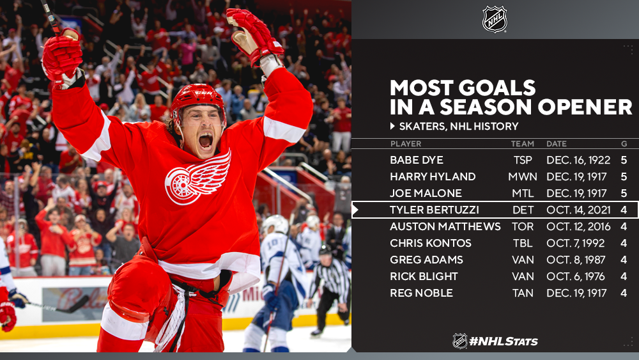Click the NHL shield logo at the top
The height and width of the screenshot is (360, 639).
[x=495, y=19]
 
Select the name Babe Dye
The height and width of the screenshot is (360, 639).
[x=417, y=160]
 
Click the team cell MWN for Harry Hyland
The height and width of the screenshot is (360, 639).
[x=523, y=176]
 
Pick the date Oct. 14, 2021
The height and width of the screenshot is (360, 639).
[x=578, y=210]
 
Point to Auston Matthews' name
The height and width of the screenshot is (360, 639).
[x=445, y=227]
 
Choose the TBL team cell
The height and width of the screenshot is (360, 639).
[x=523, y=244]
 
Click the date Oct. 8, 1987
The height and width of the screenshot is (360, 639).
[x=576, y=260]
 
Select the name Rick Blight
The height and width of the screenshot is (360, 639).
[x=424, y=276]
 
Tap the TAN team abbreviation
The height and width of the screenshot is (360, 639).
[x=523, y=293]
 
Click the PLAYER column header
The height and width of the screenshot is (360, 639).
[x=406, y=143]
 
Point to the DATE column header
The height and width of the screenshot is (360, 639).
[x=557, y=143]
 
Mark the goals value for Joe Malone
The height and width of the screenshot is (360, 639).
[x=624, y=193]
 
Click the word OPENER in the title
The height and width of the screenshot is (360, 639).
[x=585, y=107]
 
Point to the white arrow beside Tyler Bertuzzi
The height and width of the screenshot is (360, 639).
[x=355, y=210]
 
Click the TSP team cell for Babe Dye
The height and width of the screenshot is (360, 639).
[x=523, y=160]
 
